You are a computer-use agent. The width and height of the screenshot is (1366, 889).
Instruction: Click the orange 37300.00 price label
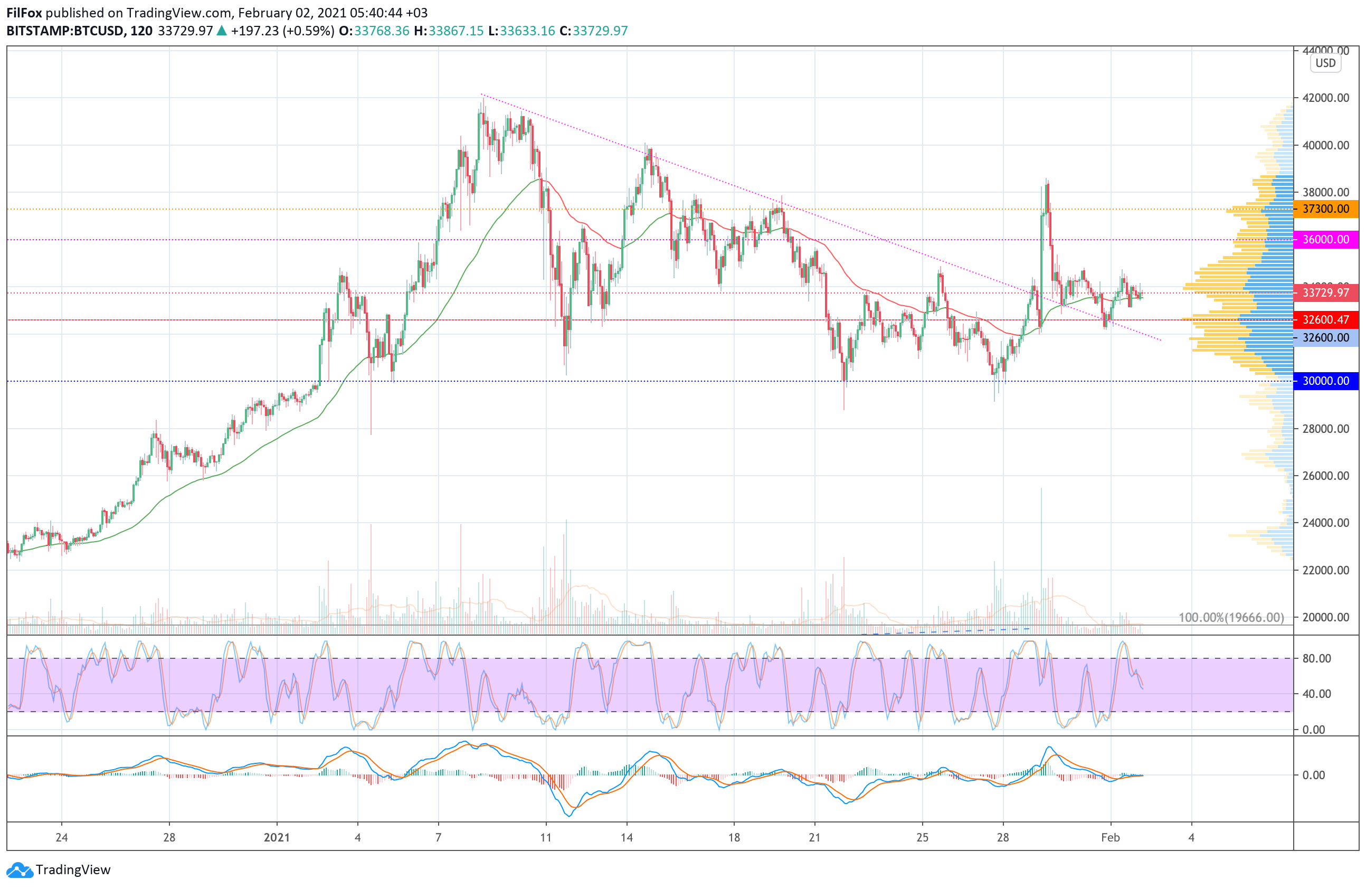coord(1325,209)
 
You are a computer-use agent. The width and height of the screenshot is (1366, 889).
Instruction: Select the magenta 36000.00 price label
coord(1325,239)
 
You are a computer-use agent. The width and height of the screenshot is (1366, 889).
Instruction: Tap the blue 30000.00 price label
coord(1325,381)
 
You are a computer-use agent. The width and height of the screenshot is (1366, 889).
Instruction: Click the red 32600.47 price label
coord(1325,320)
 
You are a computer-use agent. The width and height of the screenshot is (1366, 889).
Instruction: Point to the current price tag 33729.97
coord(1325,292)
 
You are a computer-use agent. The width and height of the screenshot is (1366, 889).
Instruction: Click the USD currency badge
coord(1325,63)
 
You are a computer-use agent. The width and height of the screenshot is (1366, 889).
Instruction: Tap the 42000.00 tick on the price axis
coord(1325,98)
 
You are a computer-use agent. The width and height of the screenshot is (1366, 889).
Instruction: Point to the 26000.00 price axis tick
coord(1325,476)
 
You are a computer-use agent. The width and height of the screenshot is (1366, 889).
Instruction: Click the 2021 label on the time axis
coord(277,837)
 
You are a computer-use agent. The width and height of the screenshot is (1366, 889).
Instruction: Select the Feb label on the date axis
coord(1110,837)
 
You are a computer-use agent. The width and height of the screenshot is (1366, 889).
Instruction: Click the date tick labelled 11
coord(545,837)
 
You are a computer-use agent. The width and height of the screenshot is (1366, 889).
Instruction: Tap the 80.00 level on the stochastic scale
coord(1316,658)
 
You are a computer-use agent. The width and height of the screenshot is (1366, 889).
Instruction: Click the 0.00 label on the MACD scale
coord(1313,775)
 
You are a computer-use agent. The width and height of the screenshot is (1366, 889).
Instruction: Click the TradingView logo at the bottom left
coord(59,869)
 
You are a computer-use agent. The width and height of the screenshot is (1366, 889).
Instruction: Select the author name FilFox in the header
coord(24,13)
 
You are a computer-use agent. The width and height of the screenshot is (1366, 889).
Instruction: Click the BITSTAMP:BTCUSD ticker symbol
coord(65,31)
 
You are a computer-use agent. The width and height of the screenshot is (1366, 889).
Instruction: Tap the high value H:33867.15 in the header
coord(448,31)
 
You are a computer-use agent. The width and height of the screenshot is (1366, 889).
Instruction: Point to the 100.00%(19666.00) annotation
coord(1230,618)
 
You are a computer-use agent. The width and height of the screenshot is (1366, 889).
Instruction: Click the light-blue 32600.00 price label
coord(1325,337)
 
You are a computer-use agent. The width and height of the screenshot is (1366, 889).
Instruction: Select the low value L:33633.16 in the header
coord(521,31)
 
